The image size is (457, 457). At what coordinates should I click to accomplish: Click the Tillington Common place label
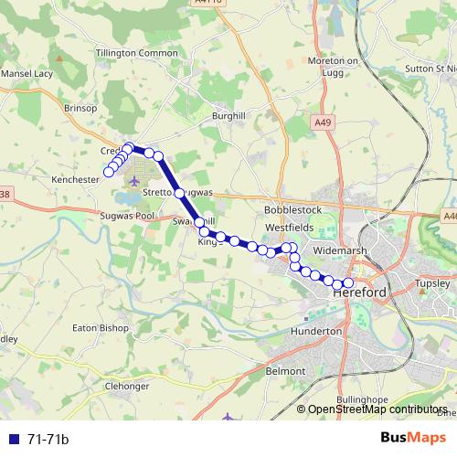tap(136, 53)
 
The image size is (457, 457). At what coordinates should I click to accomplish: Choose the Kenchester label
tap(75, 180)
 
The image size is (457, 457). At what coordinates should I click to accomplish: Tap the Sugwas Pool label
tap(127, 217)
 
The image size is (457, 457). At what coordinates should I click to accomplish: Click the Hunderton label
tap(314, 330)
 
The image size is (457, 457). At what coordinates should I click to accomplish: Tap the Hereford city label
tap(362, 292)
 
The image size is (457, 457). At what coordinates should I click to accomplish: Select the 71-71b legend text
tap(49, 439)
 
